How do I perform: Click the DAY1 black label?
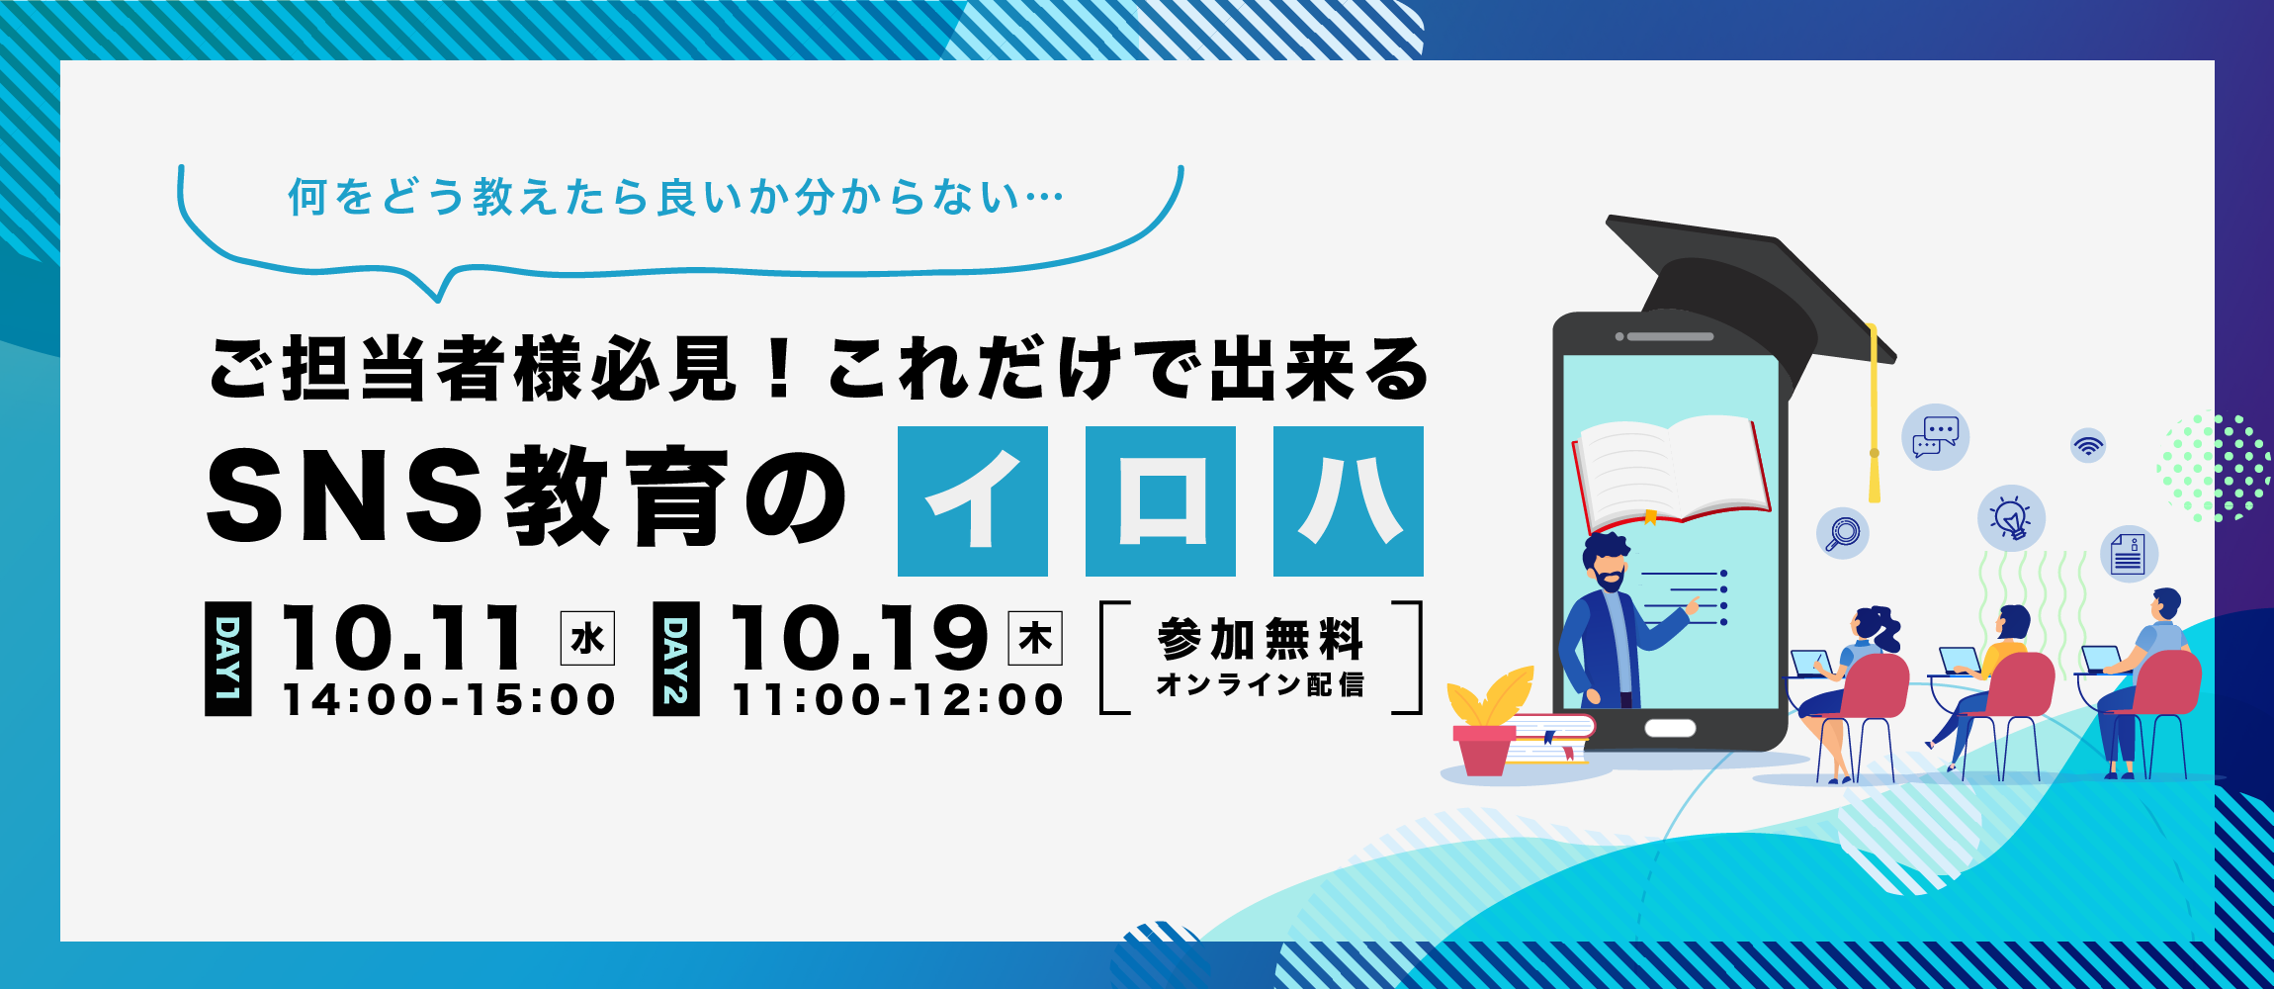(x=228, y=659)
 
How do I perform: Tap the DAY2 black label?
(x=676, y=659)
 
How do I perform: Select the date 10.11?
(x=402, y=638)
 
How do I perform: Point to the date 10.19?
(x=858, y=638)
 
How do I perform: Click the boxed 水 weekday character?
(x=587, y=639)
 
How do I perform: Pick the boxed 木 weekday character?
(x=1035, y=639)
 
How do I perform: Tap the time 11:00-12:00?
(x=898, y=700)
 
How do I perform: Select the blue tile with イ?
(x=973, y=501)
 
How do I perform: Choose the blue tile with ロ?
(x=1161, y=501)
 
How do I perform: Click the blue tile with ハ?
(x=1349, y=501)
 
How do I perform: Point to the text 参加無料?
(x=1261, y=639)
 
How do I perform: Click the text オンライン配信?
(x=1261, y=684)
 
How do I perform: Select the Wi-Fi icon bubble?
(x=2088, y=445)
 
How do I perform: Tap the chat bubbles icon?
(x=1936, y=437)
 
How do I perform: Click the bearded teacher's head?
(x=1608, y=564)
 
